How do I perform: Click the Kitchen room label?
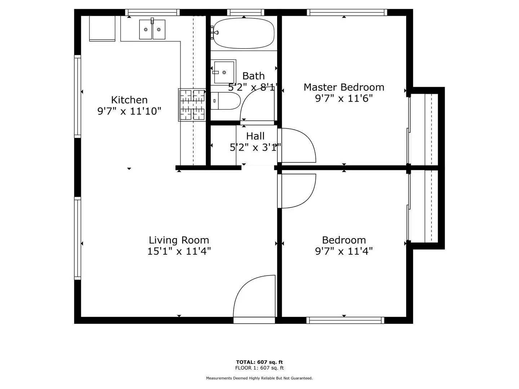point(129,100)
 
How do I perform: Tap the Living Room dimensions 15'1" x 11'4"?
point(179,251)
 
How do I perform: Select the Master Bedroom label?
point(343,87)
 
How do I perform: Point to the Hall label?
point(255,136)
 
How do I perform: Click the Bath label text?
point(253,76)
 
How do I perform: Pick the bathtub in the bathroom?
point(244,33)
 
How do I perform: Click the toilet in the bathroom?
point(226,101)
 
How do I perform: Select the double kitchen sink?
point(152,30)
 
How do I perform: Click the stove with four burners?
point(192,105)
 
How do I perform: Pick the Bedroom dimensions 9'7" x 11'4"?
point(343,251)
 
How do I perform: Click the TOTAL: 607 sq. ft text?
point(259,362)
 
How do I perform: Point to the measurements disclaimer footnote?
point(259,378)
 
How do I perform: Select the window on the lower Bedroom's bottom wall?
point(345,320)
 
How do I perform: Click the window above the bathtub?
point(245,13)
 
